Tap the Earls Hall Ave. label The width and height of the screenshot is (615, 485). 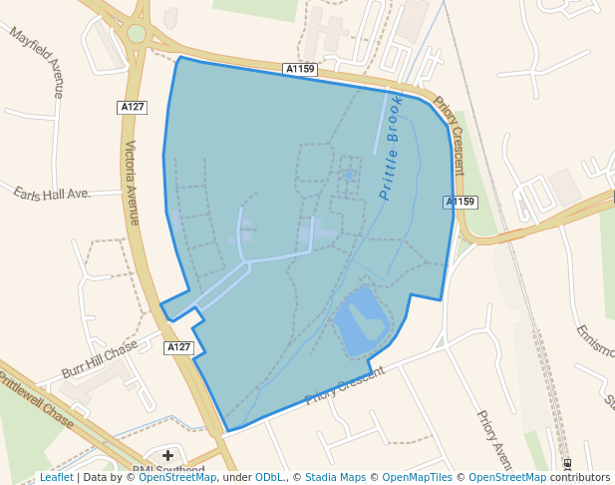pos(52,193)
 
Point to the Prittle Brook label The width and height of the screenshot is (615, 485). pos(391,147)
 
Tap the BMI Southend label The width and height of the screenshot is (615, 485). pos(168,471)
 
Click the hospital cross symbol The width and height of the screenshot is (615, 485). pos(167,455)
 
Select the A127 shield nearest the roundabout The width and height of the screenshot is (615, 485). pos(132,107)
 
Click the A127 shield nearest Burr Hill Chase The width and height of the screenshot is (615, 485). pos(178,347)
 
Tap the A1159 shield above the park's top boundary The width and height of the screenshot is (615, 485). pos(300,69)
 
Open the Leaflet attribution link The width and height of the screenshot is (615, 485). pos(57,478)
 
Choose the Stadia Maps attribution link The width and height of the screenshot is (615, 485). pos(335,478)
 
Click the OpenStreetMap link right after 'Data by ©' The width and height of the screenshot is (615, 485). pos(177,478)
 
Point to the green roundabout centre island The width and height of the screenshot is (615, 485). pos(137,34)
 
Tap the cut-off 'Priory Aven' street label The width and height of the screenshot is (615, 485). pos(494,439)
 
